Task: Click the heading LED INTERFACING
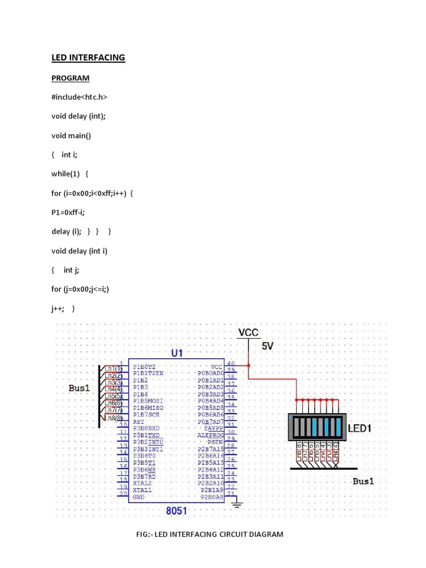[88, 58]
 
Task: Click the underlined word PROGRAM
[70, 78]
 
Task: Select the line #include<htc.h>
[79, 97]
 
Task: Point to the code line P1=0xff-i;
[70, 212]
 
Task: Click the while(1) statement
[68, 174]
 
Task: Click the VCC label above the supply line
[248, 333]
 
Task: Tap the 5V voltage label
[267, 346]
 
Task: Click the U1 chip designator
[176, 353]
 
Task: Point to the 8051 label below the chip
[176, 510]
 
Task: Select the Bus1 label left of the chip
[79, 388]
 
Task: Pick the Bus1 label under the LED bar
[363, 481]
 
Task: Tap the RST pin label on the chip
[139, 422]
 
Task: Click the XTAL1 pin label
[142, 490]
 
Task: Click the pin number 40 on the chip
[231, 363]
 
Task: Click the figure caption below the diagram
[210, 535]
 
